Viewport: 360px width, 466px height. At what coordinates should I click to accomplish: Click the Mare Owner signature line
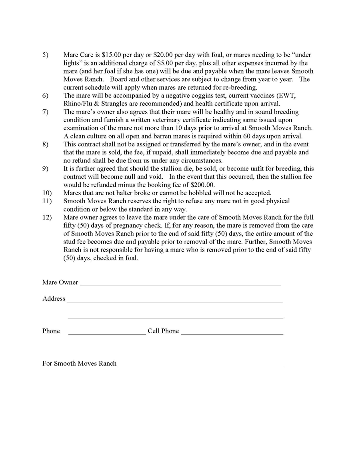click(x=180, y=285)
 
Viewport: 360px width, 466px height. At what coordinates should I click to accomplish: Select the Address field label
click(x=54, y=299)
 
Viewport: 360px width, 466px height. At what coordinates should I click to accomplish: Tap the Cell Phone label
click(x=163, y=331)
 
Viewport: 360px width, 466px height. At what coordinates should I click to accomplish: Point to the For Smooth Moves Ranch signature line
click(x=201, y=366)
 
